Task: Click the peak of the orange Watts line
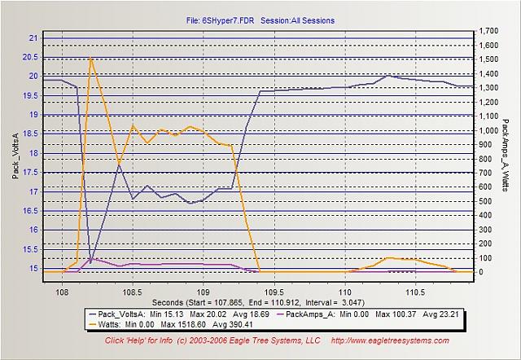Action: click(90, 59)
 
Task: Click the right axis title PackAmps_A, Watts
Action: click(507, 155)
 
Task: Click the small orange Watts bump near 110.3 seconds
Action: click(388, 258)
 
